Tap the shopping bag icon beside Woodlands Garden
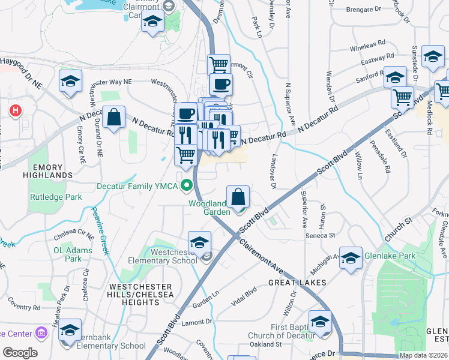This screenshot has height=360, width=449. [x=238, y=197]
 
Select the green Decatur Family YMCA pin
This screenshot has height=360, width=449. [x=187, y=186]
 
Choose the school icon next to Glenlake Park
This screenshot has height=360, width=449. [x=351, y=258]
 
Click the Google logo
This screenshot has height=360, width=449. [x=20, y=353]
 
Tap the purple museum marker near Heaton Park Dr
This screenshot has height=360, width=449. [x=41, y=332]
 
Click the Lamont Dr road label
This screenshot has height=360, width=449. [x=197, y=322]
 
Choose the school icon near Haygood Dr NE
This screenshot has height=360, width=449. [x=70, y=82]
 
